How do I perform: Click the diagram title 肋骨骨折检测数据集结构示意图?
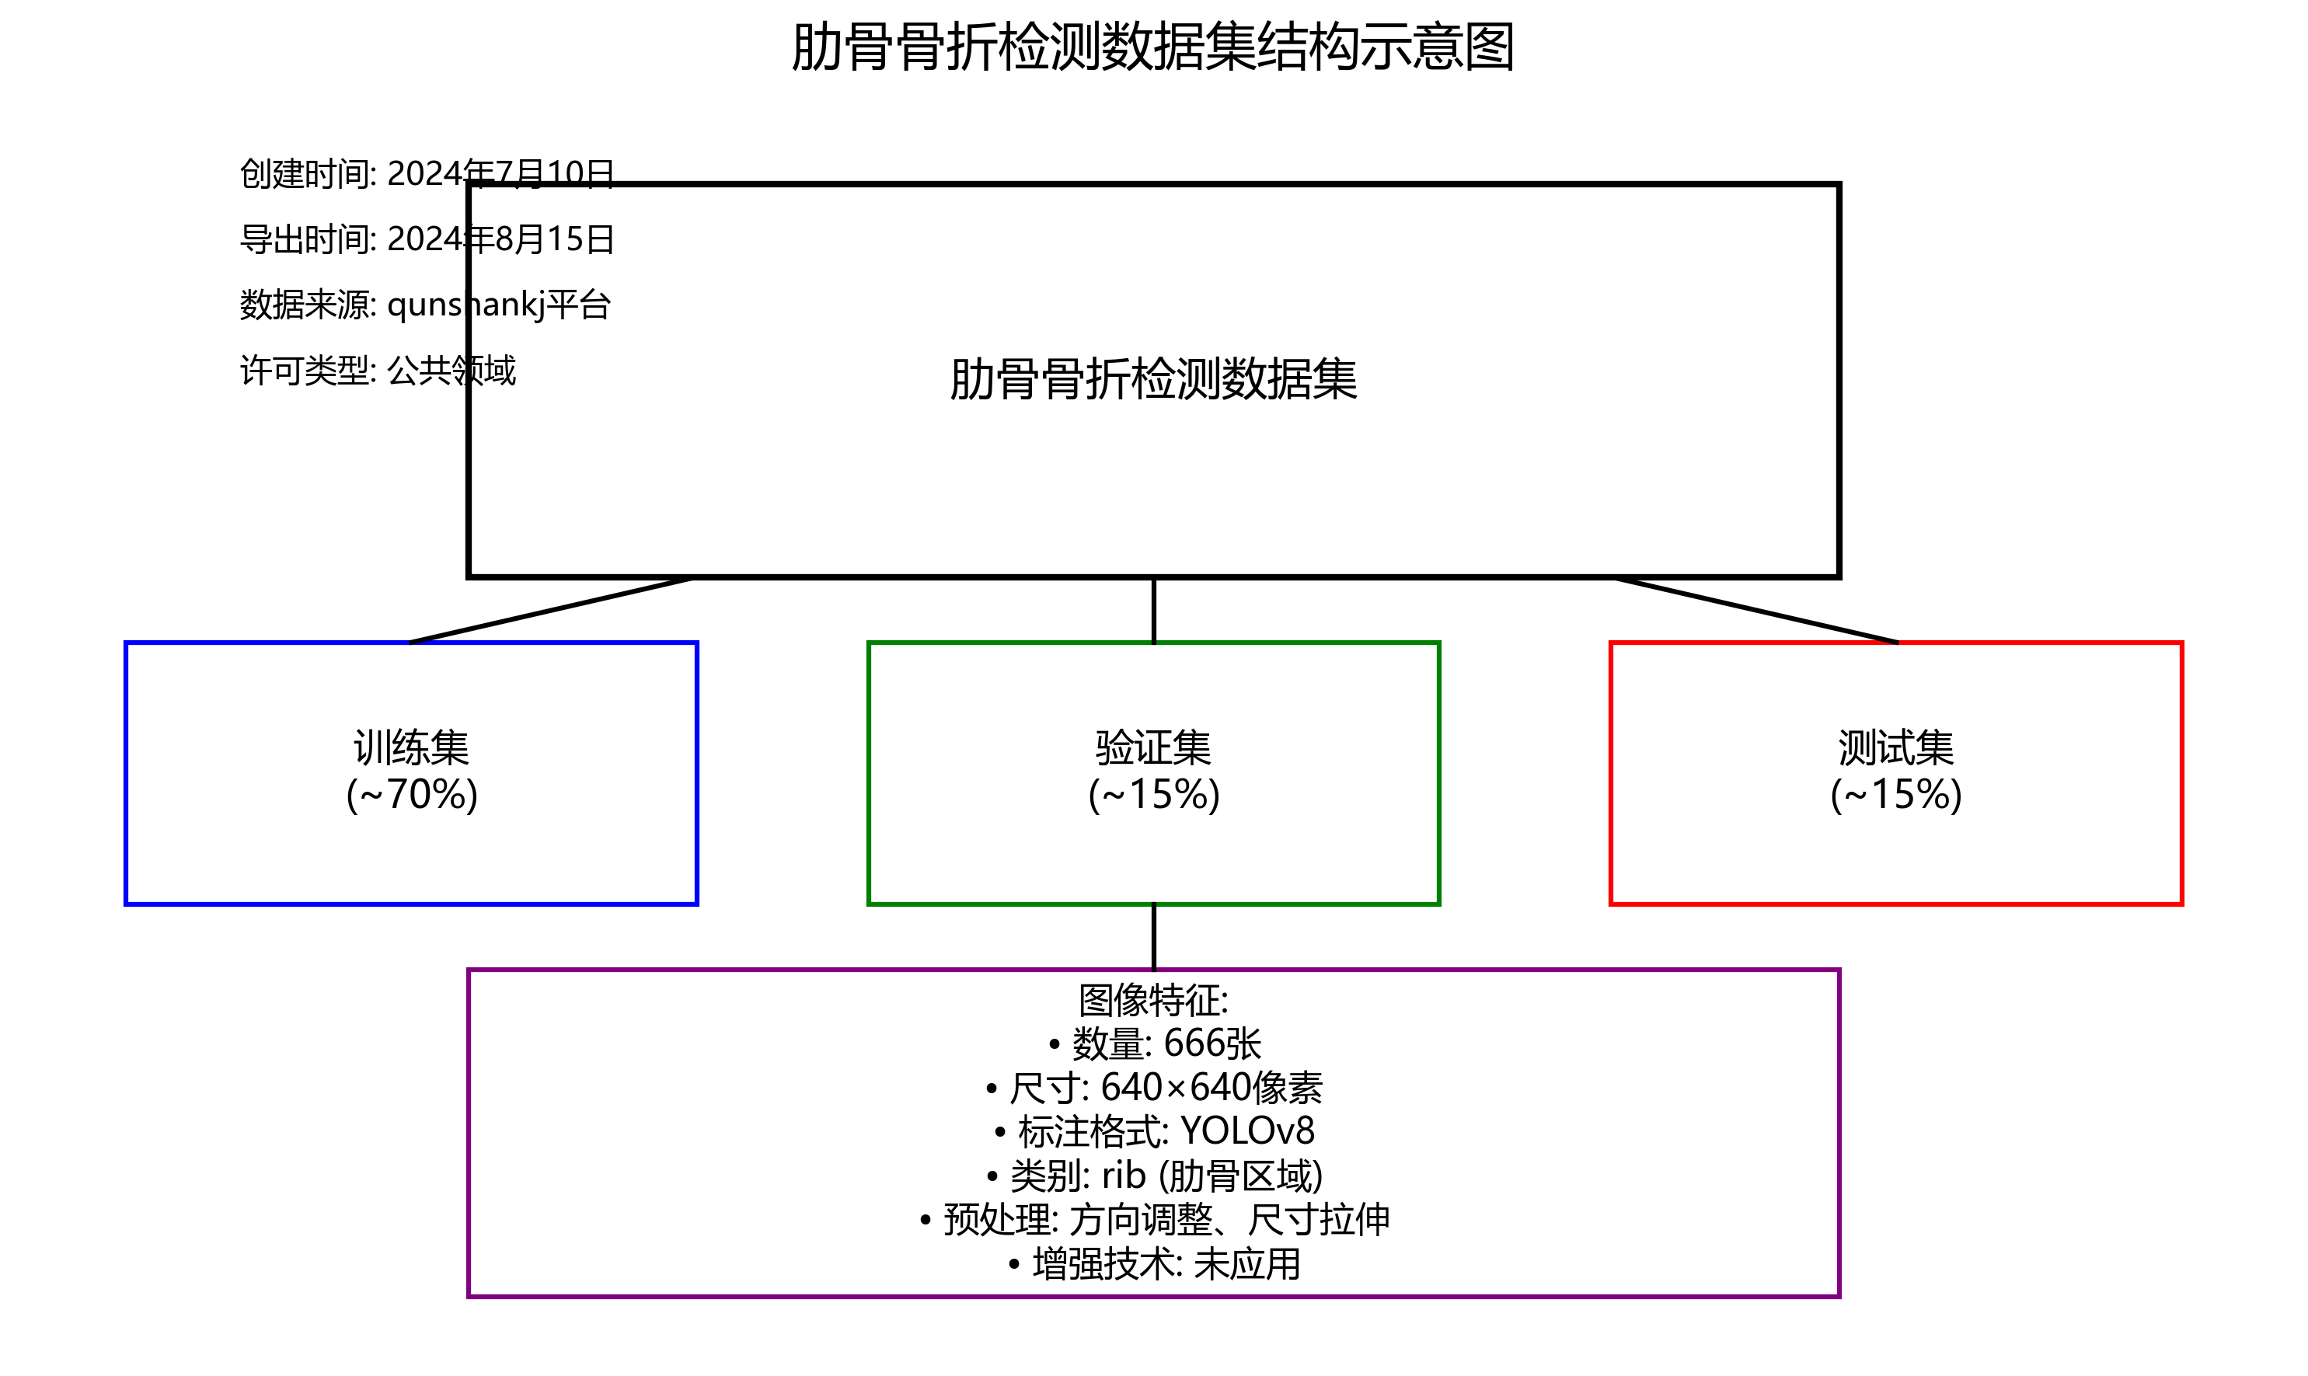pos(1152,47)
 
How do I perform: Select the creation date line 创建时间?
pos(427,173)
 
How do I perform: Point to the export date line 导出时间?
pos(427,239)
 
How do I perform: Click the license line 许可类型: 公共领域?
pos(378,371)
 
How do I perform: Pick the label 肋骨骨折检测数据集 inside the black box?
pos(1152,380)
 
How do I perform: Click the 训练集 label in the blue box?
pos(411,747)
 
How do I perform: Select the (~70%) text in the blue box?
pos(411,795)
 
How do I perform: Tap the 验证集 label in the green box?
pos(1152,747)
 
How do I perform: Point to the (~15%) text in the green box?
pos(1152,795)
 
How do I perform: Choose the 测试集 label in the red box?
pos(1895,747)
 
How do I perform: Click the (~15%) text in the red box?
pos(1895,795)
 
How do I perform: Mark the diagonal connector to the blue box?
pos(552,609)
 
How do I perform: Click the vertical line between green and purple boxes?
pos(1152,936)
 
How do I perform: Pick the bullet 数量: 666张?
pos(1155,1044)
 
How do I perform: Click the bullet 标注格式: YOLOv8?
pos(1155,1131)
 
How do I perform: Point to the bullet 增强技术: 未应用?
pos(1155,1264)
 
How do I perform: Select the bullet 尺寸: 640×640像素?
pos(1155,1088)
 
